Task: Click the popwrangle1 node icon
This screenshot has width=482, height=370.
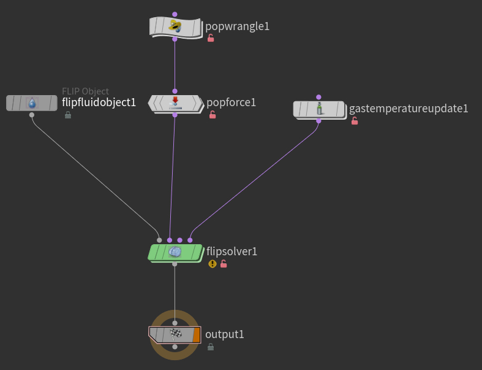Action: (175, 26)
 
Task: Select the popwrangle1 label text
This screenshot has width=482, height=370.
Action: (237, 26)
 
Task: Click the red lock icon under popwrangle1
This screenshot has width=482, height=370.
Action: (211, 38)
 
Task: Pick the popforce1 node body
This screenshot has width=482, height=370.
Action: (175, 102)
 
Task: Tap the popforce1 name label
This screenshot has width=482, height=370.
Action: (231, 102)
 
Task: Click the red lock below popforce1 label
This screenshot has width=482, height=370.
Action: (213, 115)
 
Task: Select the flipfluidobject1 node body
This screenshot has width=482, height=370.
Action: (32, 103)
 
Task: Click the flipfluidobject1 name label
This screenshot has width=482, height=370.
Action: (99, 102)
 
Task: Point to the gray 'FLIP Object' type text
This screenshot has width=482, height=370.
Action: (85, 91)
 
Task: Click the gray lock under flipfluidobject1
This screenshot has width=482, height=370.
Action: (67, 115)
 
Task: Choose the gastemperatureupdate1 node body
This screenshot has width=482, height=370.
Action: (318, 109)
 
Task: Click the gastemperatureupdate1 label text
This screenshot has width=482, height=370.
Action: (408, 109)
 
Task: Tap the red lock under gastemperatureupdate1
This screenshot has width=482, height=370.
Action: (354, 121)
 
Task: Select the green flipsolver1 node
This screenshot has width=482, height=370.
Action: (175, 252)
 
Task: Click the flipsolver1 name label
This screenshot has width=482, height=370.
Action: (232, 252)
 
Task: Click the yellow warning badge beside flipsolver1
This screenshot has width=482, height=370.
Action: (213, 264)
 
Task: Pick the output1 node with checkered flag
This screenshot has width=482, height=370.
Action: (175, 334)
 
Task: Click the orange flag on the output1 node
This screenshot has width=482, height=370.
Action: (196, 334)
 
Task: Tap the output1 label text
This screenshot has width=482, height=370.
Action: (224, 334)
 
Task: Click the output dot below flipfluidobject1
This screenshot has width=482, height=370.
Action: (32, 114)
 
